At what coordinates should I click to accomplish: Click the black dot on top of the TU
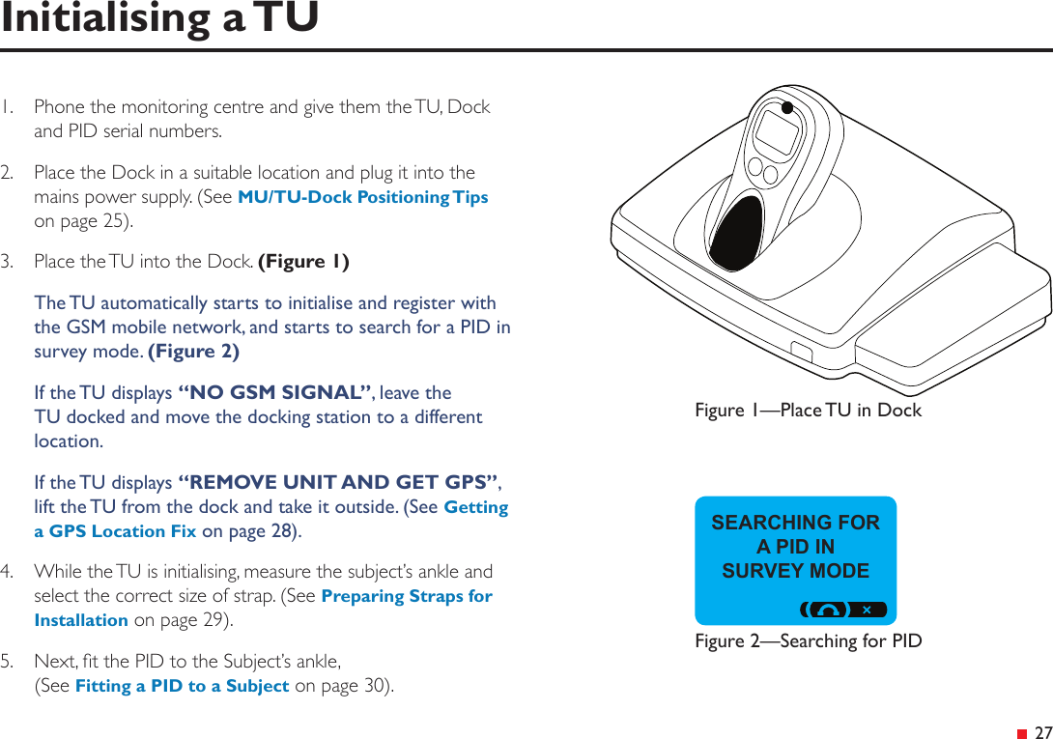787,107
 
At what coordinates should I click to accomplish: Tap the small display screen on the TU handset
778,133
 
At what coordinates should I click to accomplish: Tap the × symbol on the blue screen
867,610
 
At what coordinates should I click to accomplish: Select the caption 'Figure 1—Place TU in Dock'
808,411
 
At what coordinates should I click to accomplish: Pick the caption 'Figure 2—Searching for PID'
808,641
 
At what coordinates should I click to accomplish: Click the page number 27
1042,732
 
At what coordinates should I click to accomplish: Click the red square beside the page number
1022,733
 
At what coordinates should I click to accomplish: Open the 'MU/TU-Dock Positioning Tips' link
362,197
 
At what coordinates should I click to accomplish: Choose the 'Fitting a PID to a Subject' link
182,686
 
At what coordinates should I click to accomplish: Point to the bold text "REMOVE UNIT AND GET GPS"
339,482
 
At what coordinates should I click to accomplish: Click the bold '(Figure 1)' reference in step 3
303,262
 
